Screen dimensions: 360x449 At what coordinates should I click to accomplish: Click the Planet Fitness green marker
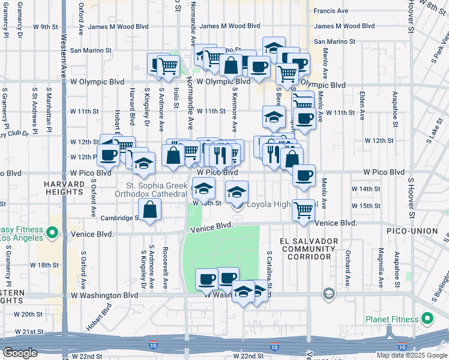(427, 319)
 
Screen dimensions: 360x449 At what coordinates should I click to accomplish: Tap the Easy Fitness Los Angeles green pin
(53, 232)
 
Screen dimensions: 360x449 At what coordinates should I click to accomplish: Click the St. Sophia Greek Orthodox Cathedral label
(157, 190)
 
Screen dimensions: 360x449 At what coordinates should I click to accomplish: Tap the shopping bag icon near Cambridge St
(149, 209)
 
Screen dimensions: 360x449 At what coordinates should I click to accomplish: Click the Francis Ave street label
(331, 11)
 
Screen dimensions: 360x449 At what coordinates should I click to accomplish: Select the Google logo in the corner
(20, 353)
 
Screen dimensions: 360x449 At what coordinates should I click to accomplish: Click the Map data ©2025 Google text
(412, 355)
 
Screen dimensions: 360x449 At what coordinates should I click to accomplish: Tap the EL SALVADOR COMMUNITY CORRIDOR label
(309, 248)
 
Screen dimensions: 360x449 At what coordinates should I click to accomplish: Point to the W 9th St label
(46, 27)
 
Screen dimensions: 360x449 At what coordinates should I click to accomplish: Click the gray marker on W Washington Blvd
(328, 293)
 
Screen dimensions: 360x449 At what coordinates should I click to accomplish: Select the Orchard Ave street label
(348, 271)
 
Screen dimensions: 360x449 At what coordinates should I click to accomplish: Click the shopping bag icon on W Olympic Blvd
(230, 66)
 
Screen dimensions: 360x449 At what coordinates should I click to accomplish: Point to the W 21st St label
(29, 332)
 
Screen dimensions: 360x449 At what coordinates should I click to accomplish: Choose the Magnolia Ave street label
(379, 267)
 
